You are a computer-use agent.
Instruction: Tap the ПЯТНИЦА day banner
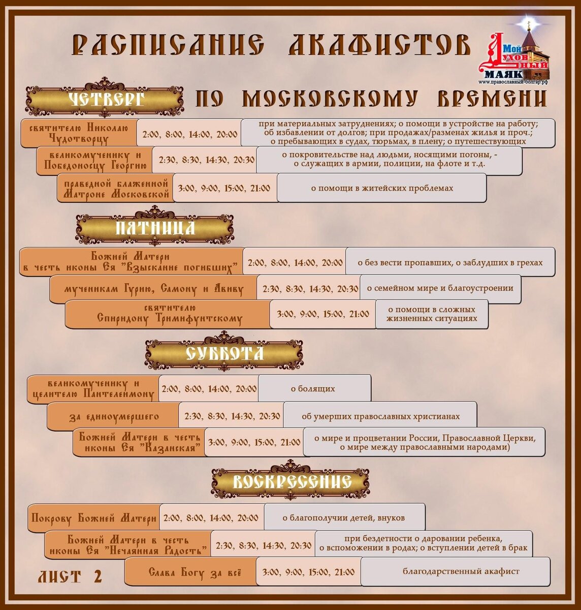[155, 227]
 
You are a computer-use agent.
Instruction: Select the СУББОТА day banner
[224, 353]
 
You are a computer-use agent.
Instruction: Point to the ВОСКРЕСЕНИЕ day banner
[291, 481]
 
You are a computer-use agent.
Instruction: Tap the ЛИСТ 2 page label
[70, 576]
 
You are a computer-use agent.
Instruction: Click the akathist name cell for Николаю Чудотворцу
[79, 133]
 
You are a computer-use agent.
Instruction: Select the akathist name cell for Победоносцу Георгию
[95, 161]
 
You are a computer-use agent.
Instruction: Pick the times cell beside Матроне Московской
[224, 188]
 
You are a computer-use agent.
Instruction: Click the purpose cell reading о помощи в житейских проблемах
[381, 188]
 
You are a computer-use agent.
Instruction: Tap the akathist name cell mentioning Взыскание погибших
[131, 262]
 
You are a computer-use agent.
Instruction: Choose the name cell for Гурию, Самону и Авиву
[153, 289]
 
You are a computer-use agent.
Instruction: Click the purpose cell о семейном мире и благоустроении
[440, 288]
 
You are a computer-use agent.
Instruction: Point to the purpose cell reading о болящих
[313, 389]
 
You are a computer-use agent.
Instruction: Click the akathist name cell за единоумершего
[113, 417]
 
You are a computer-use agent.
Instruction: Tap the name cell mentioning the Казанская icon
[137, 442]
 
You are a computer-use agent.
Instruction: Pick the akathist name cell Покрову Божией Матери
[94, 518]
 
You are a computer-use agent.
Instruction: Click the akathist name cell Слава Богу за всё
[190, 572]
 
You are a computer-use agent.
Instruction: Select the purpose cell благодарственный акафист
[456, 571]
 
